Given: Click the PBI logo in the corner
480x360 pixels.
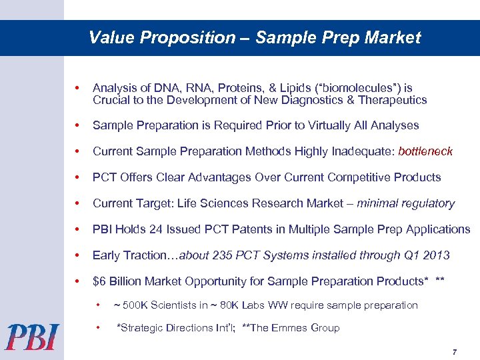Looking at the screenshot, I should point(33,337).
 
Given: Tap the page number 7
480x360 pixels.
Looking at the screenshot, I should point(454,351).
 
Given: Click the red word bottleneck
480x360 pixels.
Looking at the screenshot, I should point(425,151).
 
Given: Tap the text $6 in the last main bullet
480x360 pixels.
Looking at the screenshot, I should point(100,281).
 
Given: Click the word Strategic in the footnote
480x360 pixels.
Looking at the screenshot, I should point(142,327).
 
